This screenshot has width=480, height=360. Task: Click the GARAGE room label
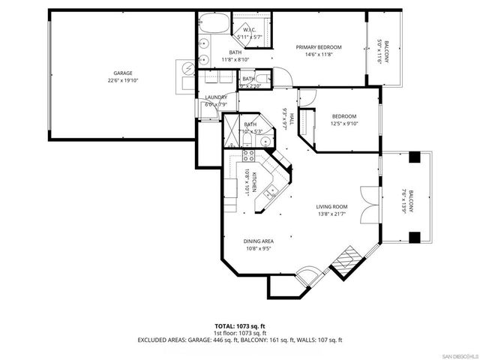click(x=123, y=73)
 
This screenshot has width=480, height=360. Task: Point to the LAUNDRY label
click(x=217, y=97)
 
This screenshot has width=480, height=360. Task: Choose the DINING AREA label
click(x=258, y=241)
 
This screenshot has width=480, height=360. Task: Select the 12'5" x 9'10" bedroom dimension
click(x=344, y=124)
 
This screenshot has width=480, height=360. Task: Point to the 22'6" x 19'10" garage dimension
click(x=123, y=81)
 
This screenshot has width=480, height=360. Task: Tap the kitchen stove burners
click(x=249, y=157)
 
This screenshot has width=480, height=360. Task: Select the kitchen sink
click(x=271, y=193)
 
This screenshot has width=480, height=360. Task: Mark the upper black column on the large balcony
click(x=413, y=157)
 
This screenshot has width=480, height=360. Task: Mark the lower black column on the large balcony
click(x=413, y=238)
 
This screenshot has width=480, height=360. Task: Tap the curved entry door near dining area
click(x=308, y=278)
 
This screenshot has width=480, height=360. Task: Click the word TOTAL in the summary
click(x=226, y=326)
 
